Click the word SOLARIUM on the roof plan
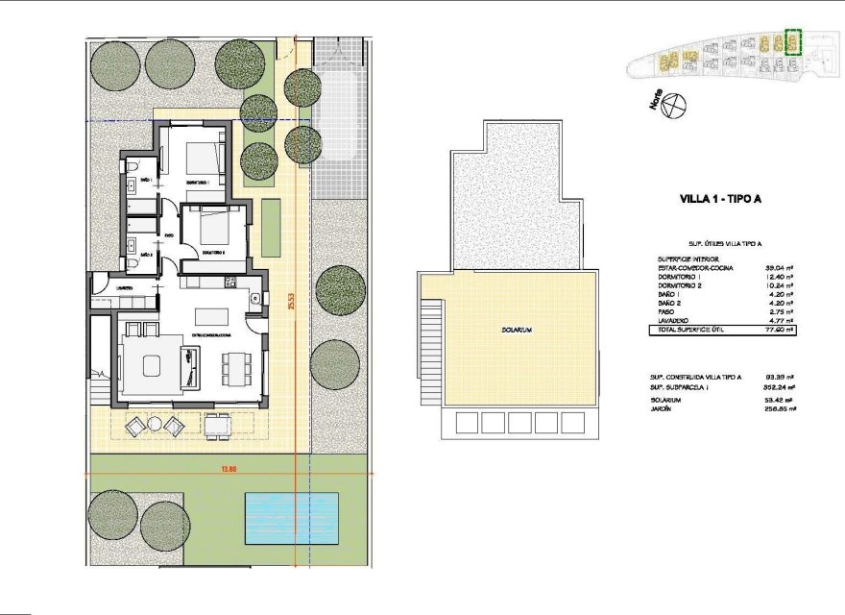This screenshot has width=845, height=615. [x=516, y=330]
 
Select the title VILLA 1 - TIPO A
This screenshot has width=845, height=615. [x=720, y=201]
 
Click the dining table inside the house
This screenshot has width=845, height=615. [x=237, y=366]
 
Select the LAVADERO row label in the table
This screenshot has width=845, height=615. [x=673, y=320]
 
